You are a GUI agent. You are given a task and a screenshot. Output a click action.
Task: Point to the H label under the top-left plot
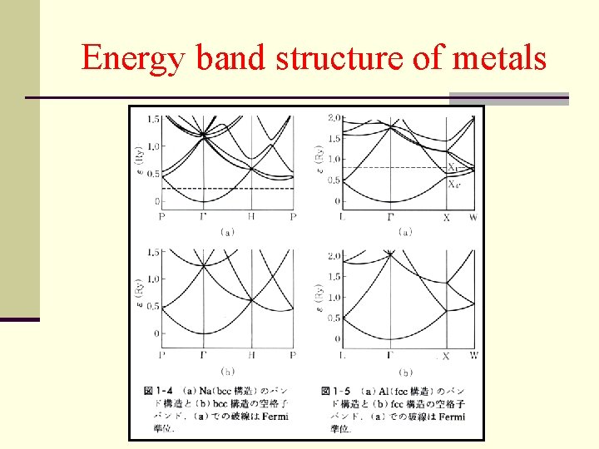(x=252, y=215)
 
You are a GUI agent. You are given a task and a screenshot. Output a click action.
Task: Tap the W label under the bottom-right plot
(x=473, y=355)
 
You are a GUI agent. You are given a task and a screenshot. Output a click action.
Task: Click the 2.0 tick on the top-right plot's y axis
(x=334, y=117)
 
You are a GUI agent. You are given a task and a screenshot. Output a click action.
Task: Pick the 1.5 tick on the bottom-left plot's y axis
(x=153, y=252)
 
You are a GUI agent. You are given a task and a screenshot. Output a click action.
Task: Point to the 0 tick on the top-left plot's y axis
(x=156, y=202)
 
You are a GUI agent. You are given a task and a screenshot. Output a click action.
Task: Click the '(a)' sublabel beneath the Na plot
(x=227, y=233)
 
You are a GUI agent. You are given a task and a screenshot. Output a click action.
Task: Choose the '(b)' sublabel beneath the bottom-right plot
(x=406, y=372)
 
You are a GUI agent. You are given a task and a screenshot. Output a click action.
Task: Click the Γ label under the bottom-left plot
(x=204, y=355)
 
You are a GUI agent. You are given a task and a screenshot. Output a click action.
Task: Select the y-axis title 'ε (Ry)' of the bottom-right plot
(x=318, y=299)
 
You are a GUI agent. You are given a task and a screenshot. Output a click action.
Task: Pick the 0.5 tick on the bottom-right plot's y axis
(x=334, y=318)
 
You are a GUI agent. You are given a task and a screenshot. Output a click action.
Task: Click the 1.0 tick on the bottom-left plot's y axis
(x=153, y=279)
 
